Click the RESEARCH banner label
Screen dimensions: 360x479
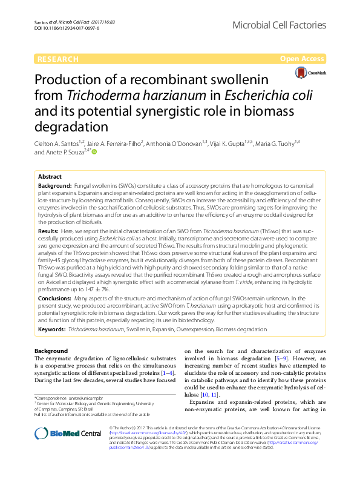click(x=58, y=59)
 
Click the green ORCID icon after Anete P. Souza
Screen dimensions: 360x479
click(x=94, y=153)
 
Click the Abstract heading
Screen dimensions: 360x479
click(x=51, y=176)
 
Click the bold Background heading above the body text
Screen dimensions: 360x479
click(x=51, y=351)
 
